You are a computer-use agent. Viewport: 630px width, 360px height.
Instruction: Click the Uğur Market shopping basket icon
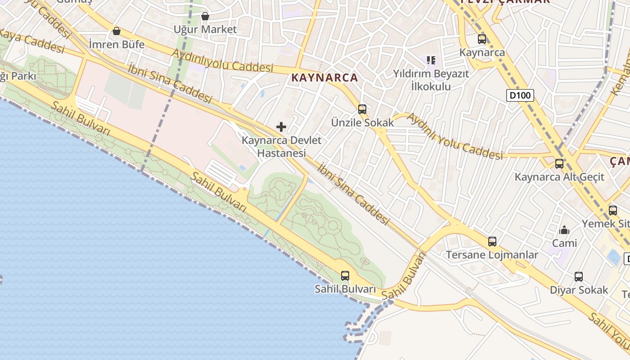(x=205, y=16)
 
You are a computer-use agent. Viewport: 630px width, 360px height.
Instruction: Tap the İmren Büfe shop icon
(x=117, y=31)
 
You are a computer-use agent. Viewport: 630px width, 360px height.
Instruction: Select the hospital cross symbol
(x=281, y=127)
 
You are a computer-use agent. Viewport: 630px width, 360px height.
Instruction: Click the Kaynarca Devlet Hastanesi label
(x=282, y=146)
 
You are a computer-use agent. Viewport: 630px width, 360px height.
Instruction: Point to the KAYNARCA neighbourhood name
(x=324, y=77)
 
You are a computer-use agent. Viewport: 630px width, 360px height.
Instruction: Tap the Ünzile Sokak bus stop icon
(x=362, y=109)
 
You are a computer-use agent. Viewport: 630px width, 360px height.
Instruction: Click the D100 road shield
(x=520, y=95)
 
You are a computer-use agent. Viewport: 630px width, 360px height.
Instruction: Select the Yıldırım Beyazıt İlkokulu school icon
(x=431, y=60)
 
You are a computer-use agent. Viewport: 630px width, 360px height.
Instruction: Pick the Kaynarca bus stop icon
(x=482, y=39)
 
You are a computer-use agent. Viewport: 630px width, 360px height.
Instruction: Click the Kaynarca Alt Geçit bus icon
(x=559, y=164)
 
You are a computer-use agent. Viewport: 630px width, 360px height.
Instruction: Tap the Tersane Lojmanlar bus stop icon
(x=492, y=242)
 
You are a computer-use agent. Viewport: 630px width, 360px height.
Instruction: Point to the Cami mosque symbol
(x=564, y=230)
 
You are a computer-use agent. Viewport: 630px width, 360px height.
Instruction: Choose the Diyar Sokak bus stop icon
(x=579, y=277)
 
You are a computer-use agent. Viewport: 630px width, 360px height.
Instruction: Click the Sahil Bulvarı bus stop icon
(x=345, y=276)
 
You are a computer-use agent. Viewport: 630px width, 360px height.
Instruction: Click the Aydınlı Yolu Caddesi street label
(x=454, y=136)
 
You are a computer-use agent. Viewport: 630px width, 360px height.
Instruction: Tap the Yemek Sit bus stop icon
(x=613, y=211)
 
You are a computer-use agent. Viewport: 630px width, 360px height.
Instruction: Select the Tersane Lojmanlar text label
(x=492, y=255)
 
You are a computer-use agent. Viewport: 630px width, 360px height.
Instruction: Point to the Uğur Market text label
(x=205, y=29)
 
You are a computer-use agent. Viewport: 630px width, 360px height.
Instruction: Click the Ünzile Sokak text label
(x=362, y=122)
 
